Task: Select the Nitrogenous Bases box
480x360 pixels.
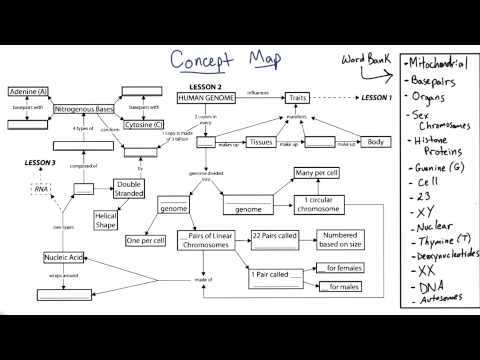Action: click(84, 107)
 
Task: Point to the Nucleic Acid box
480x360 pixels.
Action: click(63, 256)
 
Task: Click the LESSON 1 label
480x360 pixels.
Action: click(377, 98)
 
